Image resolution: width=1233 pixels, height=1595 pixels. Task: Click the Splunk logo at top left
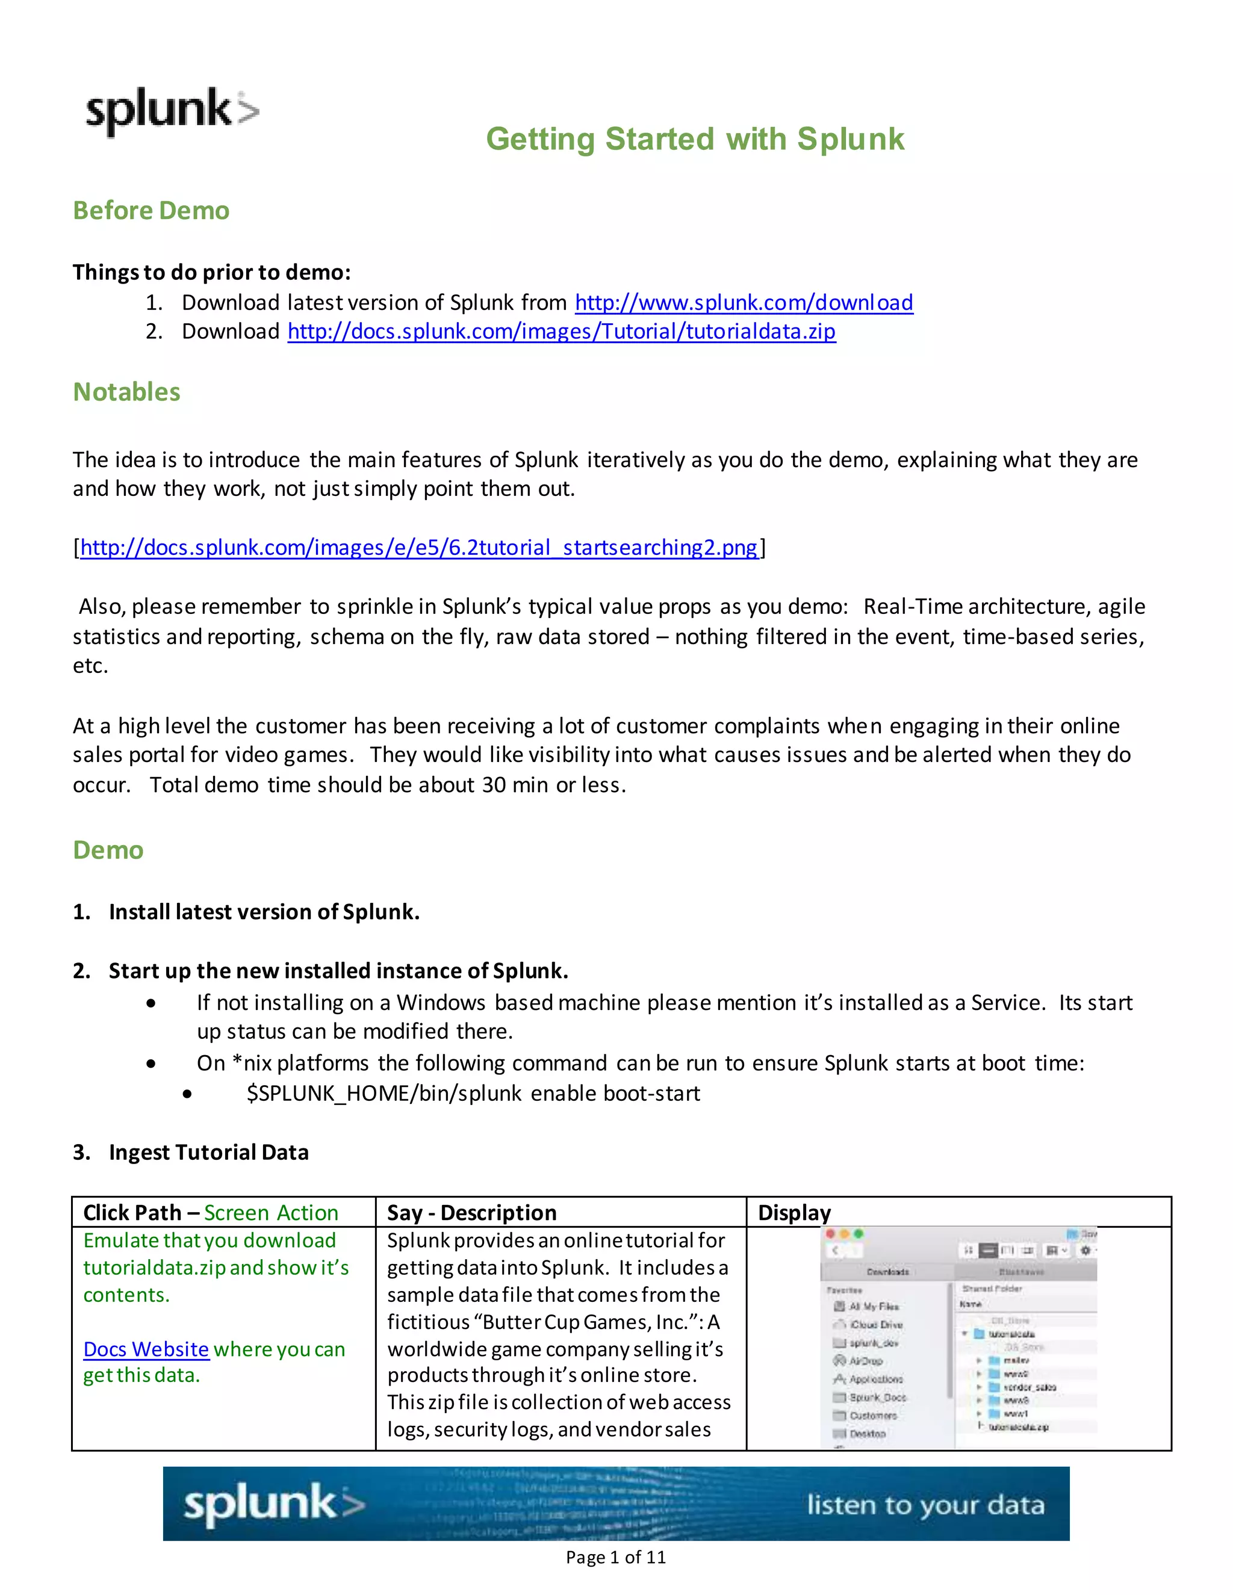[x=172, y=111]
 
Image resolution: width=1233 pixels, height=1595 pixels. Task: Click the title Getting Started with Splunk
[x=695, y=139]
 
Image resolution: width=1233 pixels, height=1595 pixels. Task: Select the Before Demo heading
[x=151, y=210]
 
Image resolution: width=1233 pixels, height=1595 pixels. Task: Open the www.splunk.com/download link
[x=744, y=302]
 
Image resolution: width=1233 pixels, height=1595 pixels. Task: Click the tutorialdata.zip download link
[x=561, y=332]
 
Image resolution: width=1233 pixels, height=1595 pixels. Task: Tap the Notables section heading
[x=126, y=392]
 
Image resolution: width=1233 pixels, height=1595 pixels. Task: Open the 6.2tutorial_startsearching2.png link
[x=418, y=547]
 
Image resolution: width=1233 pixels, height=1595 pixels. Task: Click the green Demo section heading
[x=108, y=850]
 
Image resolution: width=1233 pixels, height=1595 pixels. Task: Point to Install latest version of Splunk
[x=264, y=912]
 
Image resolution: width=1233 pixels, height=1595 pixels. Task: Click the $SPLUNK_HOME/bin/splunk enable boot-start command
[x=473, y=1093]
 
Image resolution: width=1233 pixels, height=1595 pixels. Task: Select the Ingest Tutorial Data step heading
[x=208, y=1153]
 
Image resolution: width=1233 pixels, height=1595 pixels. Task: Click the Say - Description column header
[x=472, y=1213]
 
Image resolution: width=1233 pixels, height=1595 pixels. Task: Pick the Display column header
[x=794, y=1213]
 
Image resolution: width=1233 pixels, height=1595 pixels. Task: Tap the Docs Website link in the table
[x=146, y=1349]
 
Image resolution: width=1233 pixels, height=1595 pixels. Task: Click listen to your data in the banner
[x=925, y=1505]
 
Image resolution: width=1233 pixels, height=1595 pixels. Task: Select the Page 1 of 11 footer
[x=616, y=1558]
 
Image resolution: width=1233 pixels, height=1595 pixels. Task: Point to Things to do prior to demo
[x=212, y=273]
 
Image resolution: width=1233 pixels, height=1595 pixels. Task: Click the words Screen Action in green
[x=271, y=1213]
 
